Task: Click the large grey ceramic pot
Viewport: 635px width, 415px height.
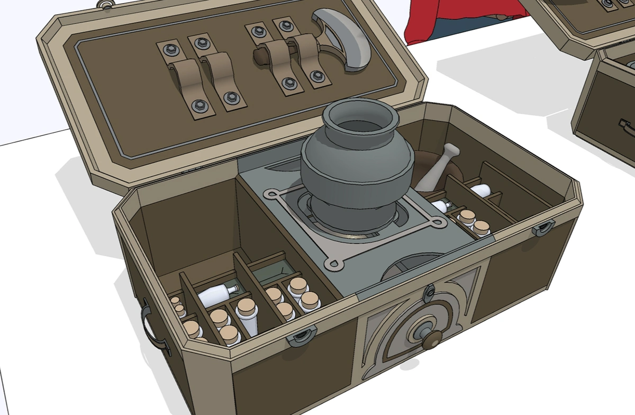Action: [x=356, y=175]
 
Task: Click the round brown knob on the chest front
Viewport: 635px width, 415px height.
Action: [x=431, y=339]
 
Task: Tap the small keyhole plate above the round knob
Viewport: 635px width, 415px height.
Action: [x=430, y=291]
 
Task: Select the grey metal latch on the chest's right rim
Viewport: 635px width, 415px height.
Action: [x=543, y=228]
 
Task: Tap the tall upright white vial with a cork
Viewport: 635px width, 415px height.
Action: [x=247, y=315]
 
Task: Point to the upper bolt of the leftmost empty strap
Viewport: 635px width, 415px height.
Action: [x=170, y=50]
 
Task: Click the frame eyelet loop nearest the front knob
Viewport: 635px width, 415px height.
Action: [x=334, y=263]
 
